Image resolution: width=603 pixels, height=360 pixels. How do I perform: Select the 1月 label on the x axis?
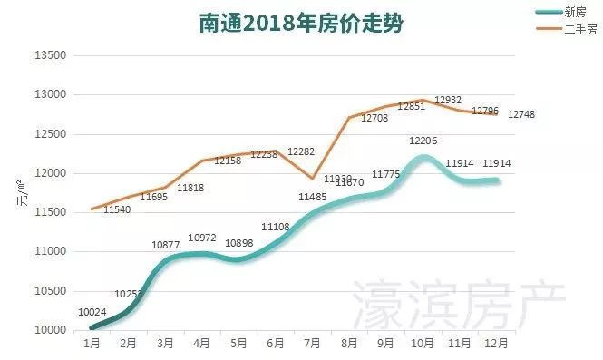point(92,345)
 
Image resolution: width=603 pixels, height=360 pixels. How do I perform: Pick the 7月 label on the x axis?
point(312,345)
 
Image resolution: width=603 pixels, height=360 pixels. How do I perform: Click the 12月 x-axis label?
point(495,345)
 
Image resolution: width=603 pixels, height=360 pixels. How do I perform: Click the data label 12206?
point(423,141)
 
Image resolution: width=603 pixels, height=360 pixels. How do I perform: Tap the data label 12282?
point(302,151)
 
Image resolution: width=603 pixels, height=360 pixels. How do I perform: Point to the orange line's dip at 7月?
point(312,178)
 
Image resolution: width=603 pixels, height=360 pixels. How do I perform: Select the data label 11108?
point(276,227)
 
